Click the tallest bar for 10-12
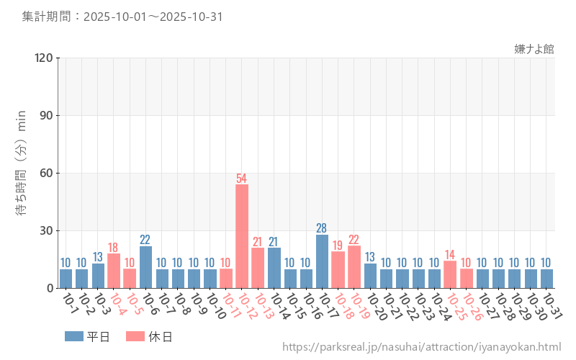242,236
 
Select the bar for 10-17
322,261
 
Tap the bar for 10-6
145,267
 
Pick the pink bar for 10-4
114,271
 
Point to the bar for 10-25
450,274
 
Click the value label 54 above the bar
242,178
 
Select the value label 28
322,228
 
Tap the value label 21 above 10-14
274,242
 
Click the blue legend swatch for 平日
73,336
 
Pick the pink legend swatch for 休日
135,336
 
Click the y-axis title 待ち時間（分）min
22,173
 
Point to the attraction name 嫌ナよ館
534,49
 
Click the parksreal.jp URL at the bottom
421,347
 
